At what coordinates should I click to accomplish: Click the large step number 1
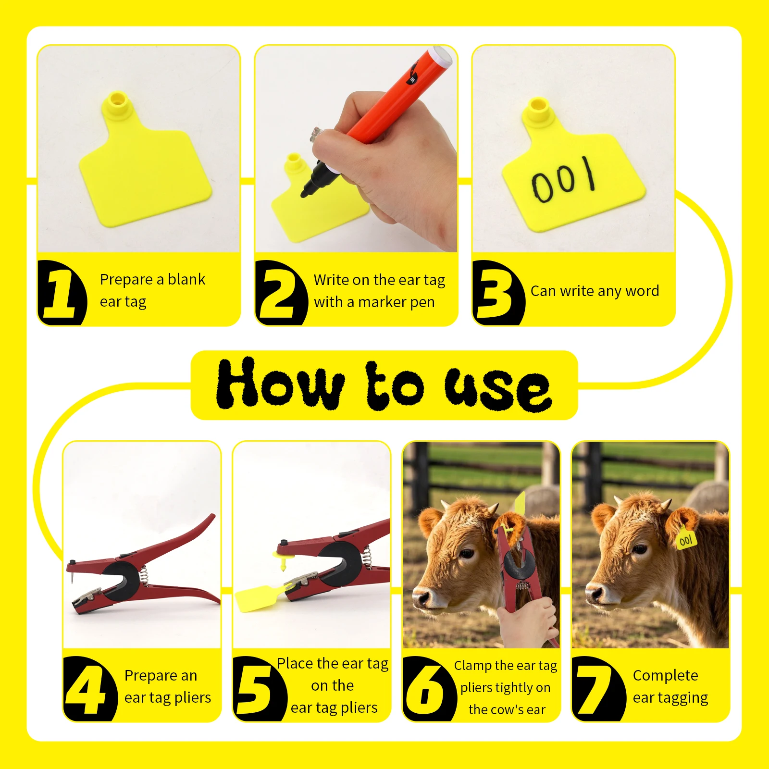coord(60,293)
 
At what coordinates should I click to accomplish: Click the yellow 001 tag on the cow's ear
coord(686,540)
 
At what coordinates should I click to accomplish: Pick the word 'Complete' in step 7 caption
coord(665,675)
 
